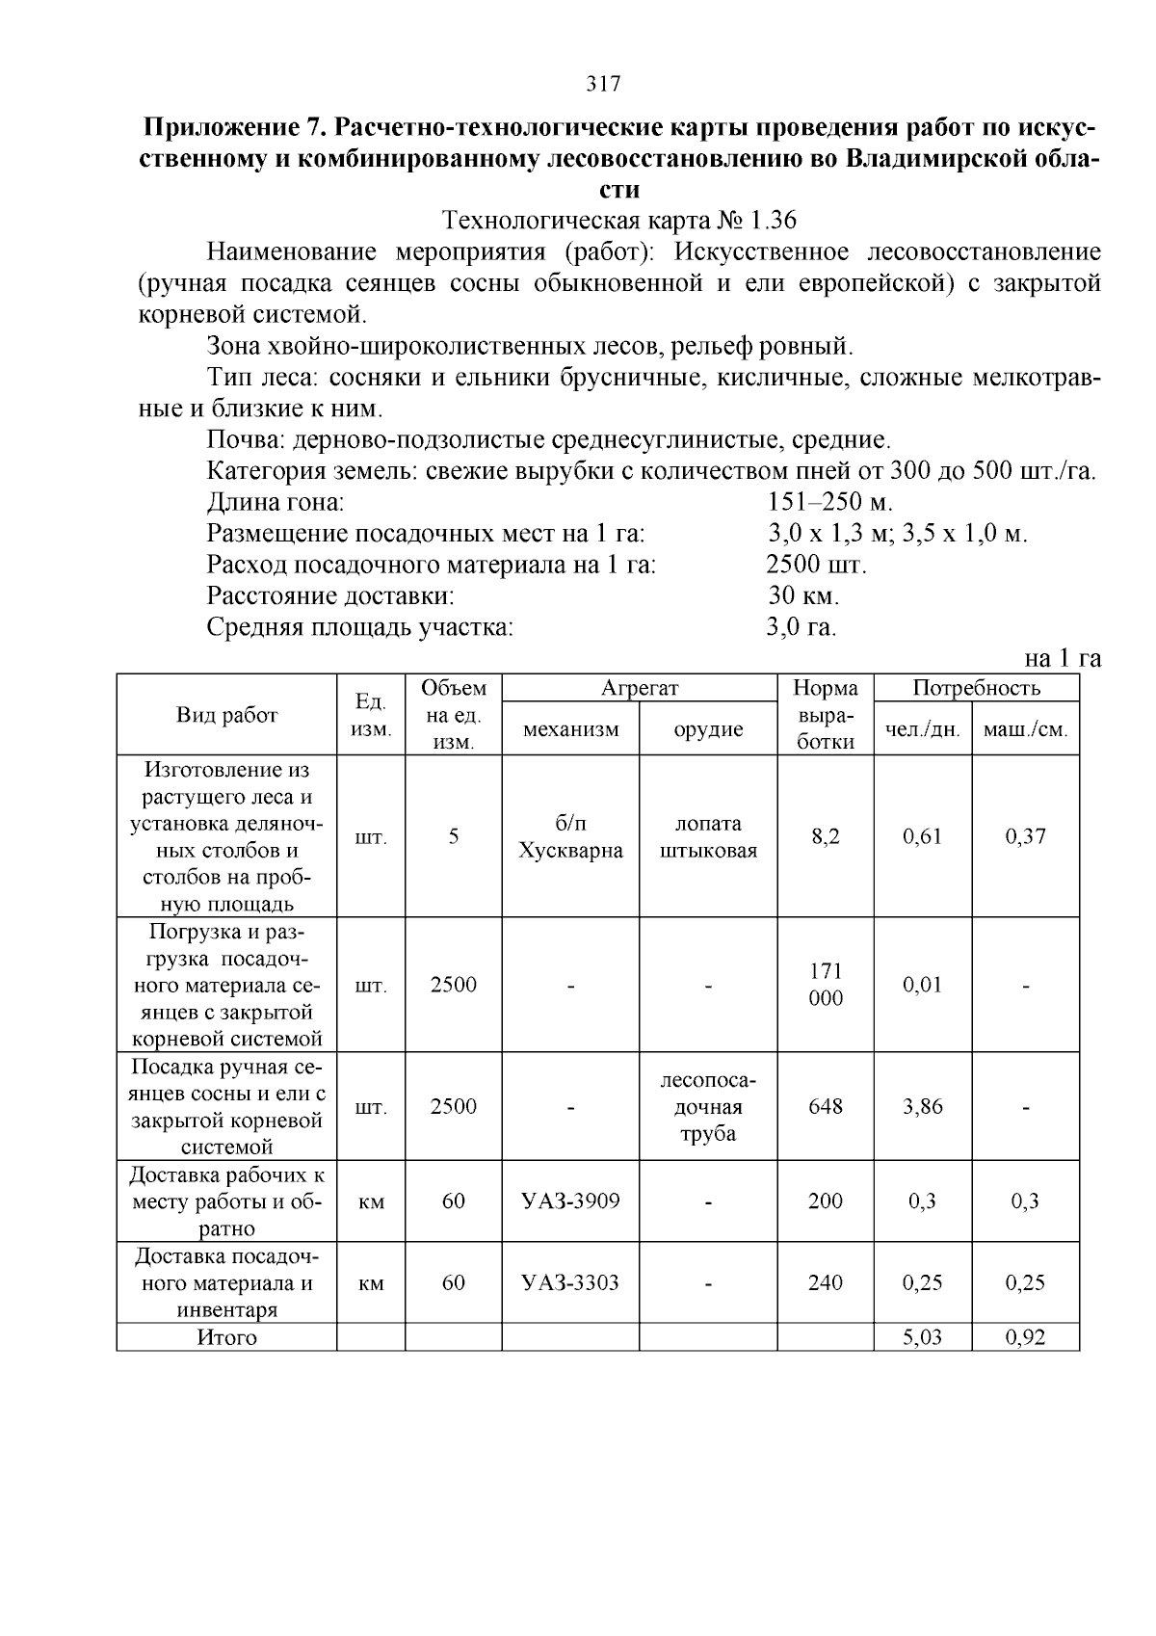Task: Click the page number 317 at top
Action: pyautogui.click(x=603, y=84)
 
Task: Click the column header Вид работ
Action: pyautogui.click(x=226, y=715)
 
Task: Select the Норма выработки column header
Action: pyautogui.click(x=826, y=715)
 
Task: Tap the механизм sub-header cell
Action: pyautogui.click(x=570, y=729)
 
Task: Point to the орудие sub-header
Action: pyautogui.click(x=708, y=729)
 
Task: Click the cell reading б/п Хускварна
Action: pyautogui.click(x=570, y=837)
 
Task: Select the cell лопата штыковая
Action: pyautogui.click(x=708, y=837)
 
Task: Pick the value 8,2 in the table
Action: pyautogui.click(x=826, y=837)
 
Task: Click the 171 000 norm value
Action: pyautogui.click(x=826, y=985)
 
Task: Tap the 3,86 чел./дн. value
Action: pyautogui.click(x=922, y=1107)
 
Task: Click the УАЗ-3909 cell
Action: pyautogui.click(x=570, y=1201)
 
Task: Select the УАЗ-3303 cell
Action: pyautogui.click(x=570, y=1283)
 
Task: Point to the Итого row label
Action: pyautogui.click(x=226, y=1338)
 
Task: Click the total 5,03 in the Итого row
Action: pyautogui.click(x=922, y=1338)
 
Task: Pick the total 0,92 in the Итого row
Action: pyautogui.click(x=1025, y=1338)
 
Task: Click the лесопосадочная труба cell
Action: pyautogui.click(x=708, y=1107)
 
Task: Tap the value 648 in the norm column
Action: pyautogui.click(x=826, y=1107)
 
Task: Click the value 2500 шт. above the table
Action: pyautogui.click(x=816, y=565)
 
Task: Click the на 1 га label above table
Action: pyautogui.click(x=1062, y=659)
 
